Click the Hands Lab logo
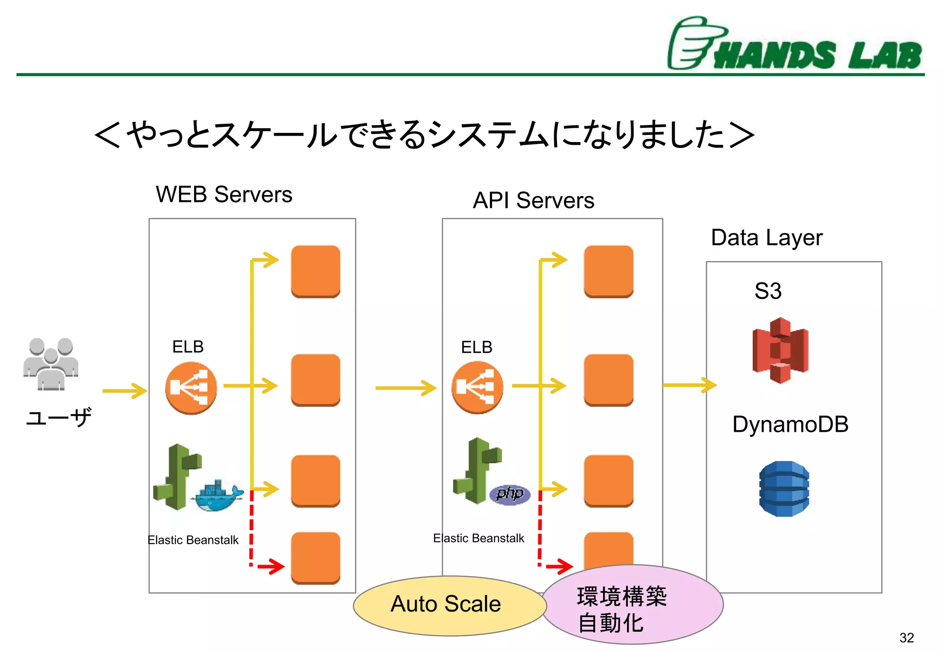[794, 44]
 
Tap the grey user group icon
[51, 364]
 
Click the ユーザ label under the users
[58, 418]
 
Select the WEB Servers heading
[224, 194]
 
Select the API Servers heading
[534, 200]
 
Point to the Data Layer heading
[766, 238]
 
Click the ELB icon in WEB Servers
[191, 388]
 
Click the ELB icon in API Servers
[477, 387]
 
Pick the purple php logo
[510, 494]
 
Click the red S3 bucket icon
[780, 350]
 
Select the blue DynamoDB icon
[784, 488]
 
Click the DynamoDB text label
[790, 424]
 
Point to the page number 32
[907, 638]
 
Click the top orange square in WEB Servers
[316, 271]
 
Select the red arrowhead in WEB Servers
[276, 566]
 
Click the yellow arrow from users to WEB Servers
[124, 391]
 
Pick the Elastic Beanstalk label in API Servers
[478, 538]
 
